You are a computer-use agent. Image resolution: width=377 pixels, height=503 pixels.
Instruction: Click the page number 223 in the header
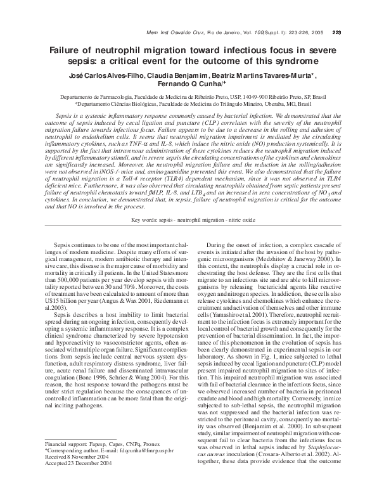pyautogui.click(x=336, y=32)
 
